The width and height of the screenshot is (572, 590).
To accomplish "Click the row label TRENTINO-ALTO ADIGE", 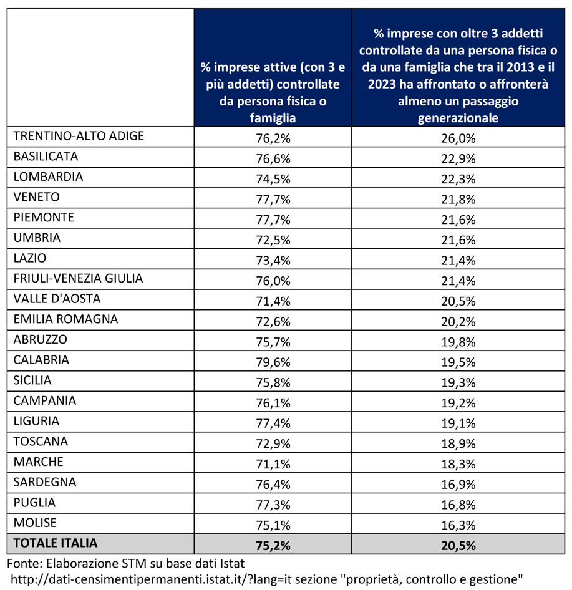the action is (79, 136).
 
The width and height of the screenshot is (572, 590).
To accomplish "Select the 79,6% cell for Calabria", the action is (273, 362).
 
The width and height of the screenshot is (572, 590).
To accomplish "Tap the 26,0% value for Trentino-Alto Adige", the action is (458, 138).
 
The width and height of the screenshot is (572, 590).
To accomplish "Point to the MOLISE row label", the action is (35, 523).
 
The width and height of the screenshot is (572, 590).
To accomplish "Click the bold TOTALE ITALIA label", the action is (56, 543).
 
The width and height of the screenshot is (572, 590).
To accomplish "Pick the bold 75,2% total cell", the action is (273, 546).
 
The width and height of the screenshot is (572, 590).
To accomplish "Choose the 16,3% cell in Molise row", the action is (458, 525).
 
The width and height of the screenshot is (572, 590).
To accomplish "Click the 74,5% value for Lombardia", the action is (273, 179).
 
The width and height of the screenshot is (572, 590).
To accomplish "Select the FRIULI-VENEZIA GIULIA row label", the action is (78, 278).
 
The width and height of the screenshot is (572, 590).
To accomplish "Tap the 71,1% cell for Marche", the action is (273, 464).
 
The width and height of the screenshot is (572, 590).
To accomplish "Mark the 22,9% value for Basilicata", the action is (458, 159).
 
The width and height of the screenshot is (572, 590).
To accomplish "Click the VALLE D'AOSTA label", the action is (57, 298).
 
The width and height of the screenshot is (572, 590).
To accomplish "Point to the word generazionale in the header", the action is (458, 118).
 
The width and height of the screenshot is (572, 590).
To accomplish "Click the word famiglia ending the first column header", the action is (273, 118).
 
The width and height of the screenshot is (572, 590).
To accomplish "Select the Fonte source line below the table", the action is (125, 563).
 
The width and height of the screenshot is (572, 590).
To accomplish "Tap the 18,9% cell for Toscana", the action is (458, 443).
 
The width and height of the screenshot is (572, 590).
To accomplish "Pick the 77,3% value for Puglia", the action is (273, 505).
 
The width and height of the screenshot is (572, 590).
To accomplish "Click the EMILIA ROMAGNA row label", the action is (66, 319).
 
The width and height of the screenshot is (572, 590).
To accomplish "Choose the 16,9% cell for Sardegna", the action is (458, 484).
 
